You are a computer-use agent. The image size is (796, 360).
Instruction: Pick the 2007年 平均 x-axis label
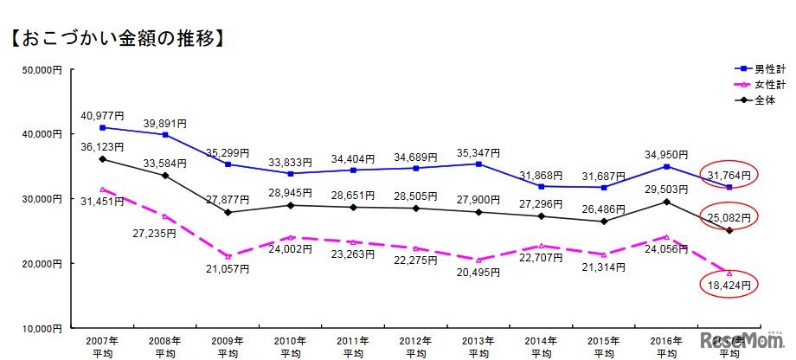[x=102, y=347]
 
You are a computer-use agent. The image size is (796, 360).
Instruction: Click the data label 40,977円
[x=102, y=115]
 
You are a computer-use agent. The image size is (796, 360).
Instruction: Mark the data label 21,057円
[x=227, y=269]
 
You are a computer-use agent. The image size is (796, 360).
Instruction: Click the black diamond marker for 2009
[x=228, y=212]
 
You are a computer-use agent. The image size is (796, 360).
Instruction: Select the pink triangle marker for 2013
[x=479, y=260]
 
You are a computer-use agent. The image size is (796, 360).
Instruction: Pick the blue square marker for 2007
[x=102, y=127]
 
